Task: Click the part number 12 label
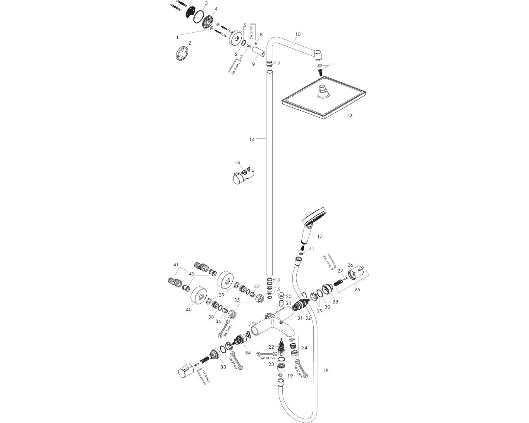(x=350, y=116)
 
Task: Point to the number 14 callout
(x=252, y=139)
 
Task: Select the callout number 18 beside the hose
(x=326, y=371)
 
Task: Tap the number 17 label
(x=319, y=236)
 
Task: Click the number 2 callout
(x=190, y=43)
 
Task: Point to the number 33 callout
(x=223, y=367)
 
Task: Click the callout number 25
(x=357, y=290)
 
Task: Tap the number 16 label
(x=237, y=162)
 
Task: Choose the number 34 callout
(x=248, y=352)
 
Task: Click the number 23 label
(x=271, y=364)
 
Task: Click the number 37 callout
(x=257, y=286)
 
